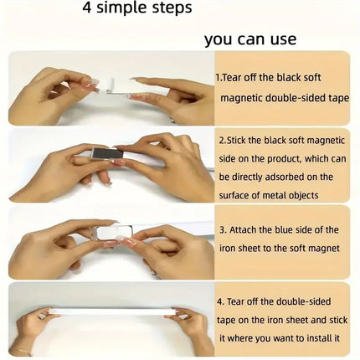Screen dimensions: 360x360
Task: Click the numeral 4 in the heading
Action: tap(87, 8)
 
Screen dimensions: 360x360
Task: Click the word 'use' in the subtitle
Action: tap(283, 39)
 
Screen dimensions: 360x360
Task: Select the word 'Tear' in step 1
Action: tap(232, 78)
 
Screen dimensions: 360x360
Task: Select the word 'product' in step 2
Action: tap(284, 159)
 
